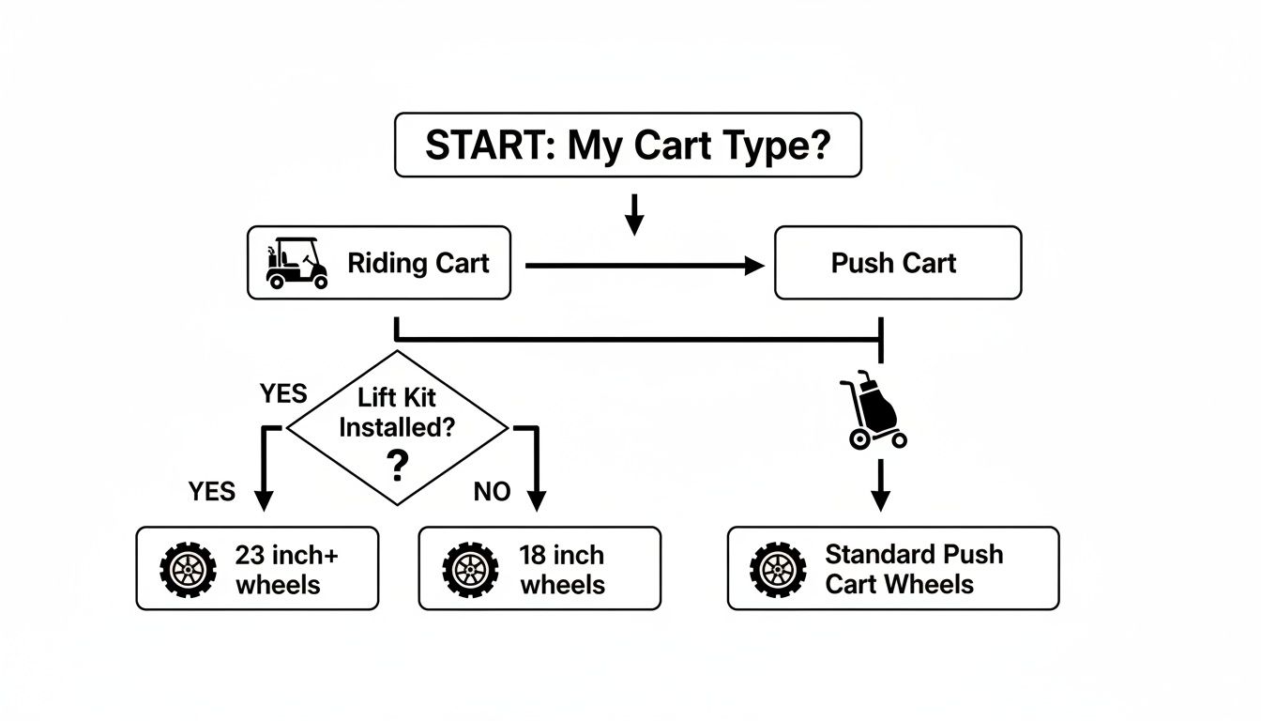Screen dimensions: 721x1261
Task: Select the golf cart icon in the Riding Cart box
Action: pos(296,264)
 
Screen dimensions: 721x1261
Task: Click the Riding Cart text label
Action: pos(418,263)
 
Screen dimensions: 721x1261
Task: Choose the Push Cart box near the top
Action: pos(897,263)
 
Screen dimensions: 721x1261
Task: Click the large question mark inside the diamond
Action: pos(398,464)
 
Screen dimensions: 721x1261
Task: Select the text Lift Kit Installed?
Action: pos(398,412)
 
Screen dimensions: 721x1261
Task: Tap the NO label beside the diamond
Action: pos(492,492)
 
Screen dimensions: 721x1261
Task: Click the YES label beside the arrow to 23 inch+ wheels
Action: pos(212,491)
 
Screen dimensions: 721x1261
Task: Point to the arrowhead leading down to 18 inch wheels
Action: pos(536,501)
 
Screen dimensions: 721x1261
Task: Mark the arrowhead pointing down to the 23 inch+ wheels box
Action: pos(264,501)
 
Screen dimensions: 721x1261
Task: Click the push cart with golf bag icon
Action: pos(875,411)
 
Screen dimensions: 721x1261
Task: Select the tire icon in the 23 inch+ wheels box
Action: pos(189,569)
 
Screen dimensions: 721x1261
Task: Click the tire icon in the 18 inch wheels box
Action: pos(471,569)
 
